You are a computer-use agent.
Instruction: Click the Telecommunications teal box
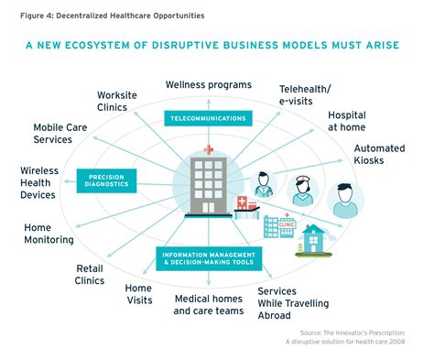click(x=206, y=118)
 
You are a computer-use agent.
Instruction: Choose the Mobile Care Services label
click(x=65, y=135)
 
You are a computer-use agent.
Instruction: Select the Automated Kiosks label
click(x=379, y=154)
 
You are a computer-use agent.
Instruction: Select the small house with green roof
click(x=317, y=240)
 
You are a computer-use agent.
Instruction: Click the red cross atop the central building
click(x=209, y=149)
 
